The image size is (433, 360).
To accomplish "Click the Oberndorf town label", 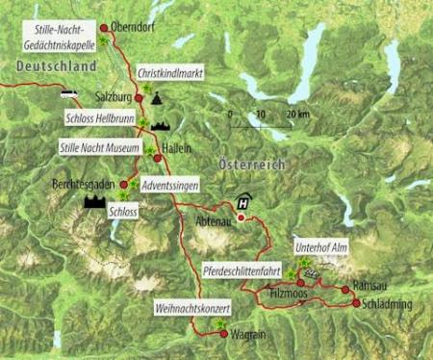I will (135, 28).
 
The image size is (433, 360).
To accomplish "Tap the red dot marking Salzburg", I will (139, 98).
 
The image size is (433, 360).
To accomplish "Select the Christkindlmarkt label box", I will (170, 71).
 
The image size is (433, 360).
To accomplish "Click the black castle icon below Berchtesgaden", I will (96, 202).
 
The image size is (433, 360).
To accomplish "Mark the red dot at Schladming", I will (356, 302).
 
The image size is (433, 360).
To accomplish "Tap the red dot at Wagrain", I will (220, 335).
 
